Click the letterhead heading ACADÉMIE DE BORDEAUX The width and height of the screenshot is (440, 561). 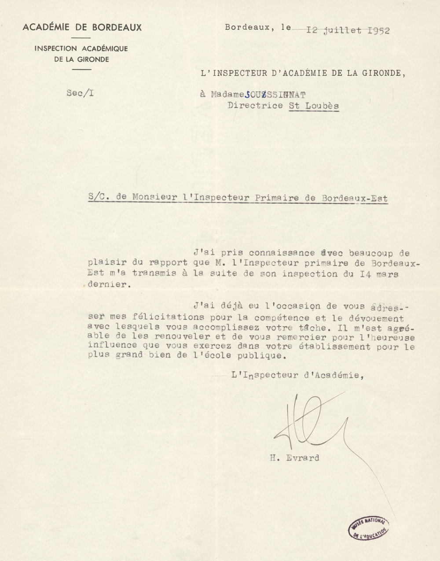click(x=82, y=27)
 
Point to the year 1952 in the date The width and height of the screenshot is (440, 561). click(x=378, y=30)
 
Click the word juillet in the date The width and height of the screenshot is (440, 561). click(x=341, y=30)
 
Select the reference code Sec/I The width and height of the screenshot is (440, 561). click(x=80, y=93)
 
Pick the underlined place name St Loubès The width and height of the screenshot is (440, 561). click(x=314, y=106)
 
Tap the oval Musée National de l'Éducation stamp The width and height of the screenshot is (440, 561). click(x=369, y=528)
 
